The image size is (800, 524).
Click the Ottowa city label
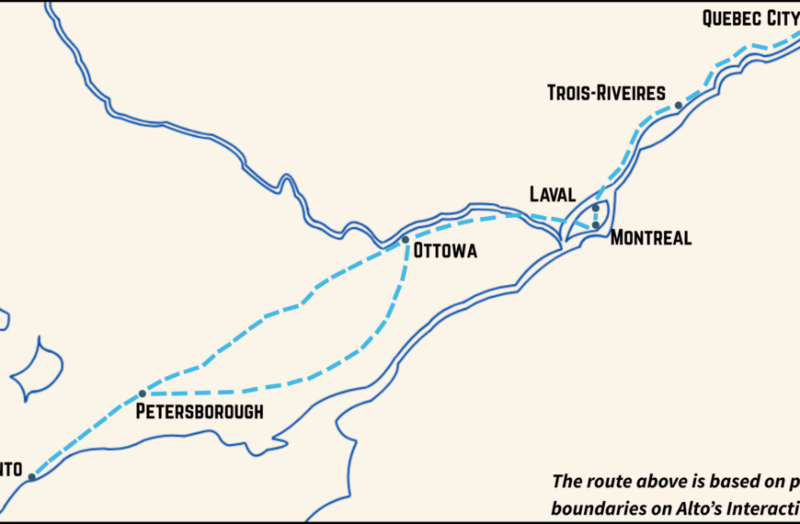click(446, 251)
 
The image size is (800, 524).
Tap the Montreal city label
click(651, 238)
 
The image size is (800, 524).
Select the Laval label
click(553, 194)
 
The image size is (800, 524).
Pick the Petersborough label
click(200, 411)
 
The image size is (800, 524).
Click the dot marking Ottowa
click(406, 240)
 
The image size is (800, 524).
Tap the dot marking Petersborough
click(143, 393)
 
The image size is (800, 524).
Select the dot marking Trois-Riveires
click(679, 106)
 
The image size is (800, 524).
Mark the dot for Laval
click(596, 208)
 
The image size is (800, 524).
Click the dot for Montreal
click(596, 225)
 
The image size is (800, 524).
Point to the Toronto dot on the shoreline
click(31, 477)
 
